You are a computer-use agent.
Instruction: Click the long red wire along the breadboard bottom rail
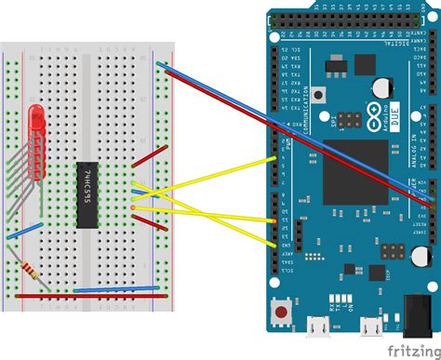click(84, 296)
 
